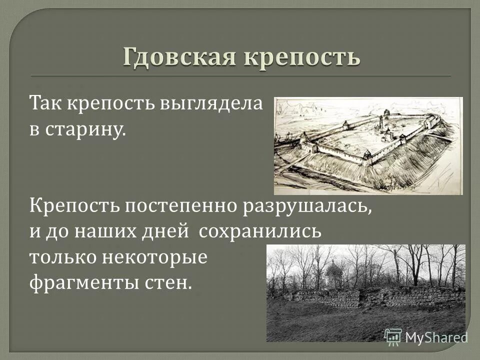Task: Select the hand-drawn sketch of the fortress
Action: click(x=368, y=145)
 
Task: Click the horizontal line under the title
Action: click(x=240, y=75)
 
